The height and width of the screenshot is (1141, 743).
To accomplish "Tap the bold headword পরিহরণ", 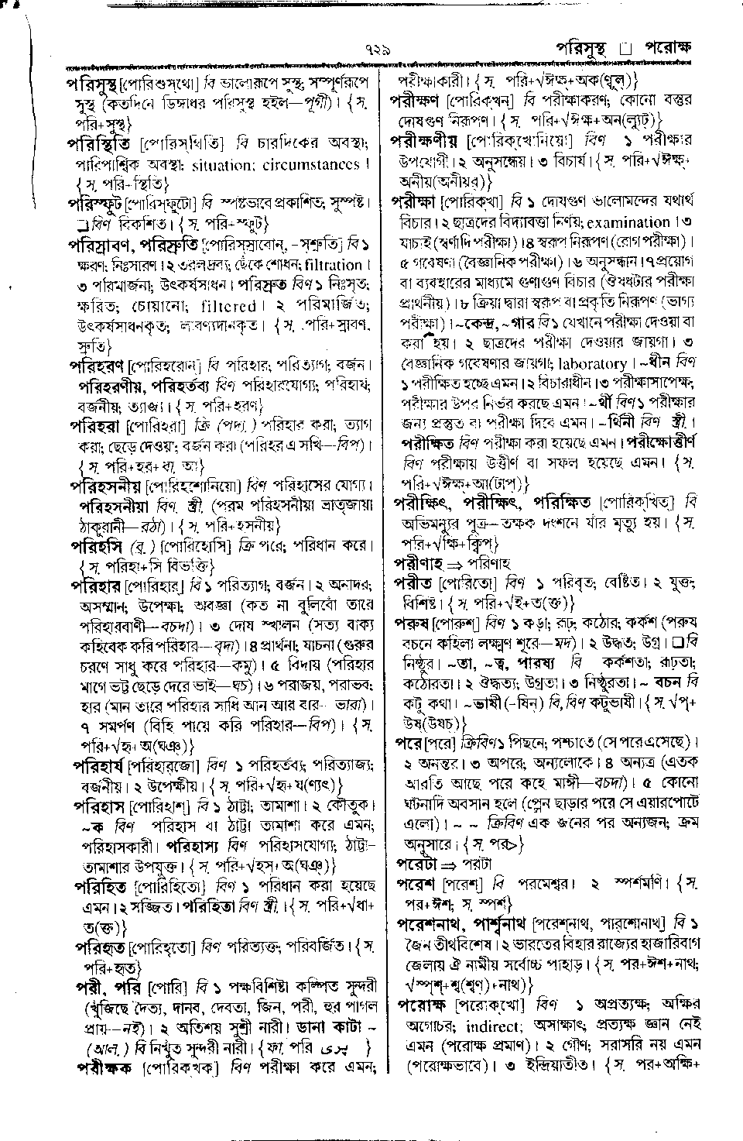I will coord(98,365).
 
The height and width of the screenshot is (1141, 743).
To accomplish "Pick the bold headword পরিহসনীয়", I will coord(108,486).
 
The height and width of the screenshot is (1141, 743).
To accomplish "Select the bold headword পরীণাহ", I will coord(416,562).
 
